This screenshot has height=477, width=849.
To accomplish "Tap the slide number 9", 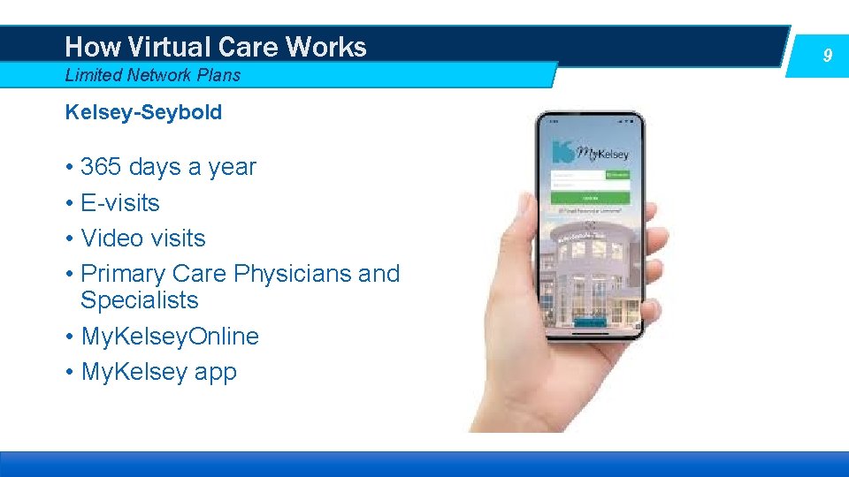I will click(827, 56).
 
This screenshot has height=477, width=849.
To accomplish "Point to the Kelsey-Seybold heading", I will click(143, 112).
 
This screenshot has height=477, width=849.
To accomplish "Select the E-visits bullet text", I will click(120, 202).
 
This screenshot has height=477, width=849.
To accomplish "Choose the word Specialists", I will click(140, 300).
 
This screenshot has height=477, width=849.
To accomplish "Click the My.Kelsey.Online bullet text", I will click(170, 337).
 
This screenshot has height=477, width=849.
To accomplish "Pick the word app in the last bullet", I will click(216, 372).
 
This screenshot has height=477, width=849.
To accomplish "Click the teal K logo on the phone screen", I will click(562, 151).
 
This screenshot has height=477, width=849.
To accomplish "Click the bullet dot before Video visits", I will click(69, 239).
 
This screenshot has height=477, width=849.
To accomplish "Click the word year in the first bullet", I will click(233, 167).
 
